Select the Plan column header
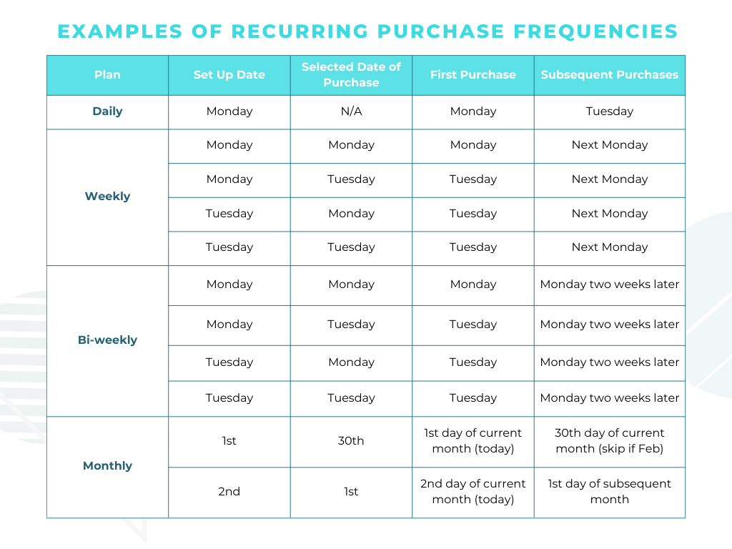107,75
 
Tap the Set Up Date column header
229,75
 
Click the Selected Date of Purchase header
351,75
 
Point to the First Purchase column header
473,75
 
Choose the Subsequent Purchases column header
610,75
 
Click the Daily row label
107,112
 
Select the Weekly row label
107,197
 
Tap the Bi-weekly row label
107,340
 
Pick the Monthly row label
107,466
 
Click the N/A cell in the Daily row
351,112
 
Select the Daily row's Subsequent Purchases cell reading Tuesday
610,112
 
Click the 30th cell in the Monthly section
351,441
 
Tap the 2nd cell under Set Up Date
229,492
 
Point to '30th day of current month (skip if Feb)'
610,441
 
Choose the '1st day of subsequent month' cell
610,492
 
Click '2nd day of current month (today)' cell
473,492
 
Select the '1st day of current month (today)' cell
473,441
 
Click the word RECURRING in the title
300,31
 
